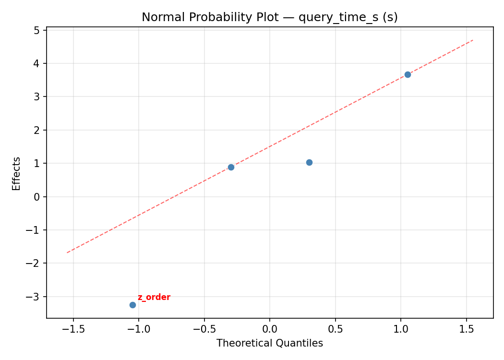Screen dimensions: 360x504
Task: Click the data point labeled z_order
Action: coord(132,305)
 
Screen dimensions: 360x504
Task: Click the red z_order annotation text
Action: coord(154,297)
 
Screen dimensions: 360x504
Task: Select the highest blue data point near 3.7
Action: coord(408,74)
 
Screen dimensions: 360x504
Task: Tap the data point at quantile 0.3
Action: coord(309,162)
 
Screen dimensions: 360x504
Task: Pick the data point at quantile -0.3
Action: coord(231,167)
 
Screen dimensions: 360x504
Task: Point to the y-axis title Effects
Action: coord(17,173)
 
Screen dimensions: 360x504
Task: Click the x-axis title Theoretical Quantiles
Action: coord(269,343)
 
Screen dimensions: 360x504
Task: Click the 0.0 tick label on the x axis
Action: coord(269,329)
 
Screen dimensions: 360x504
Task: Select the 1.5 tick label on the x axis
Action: coord(466,329)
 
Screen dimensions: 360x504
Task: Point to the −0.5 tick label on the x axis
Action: coord(204,329)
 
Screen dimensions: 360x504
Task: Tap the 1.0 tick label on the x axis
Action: coord(401,329)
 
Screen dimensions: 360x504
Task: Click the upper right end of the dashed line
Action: coord(473,40)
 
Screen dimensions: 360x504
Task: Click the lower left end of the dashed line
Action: coord(67,252)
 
